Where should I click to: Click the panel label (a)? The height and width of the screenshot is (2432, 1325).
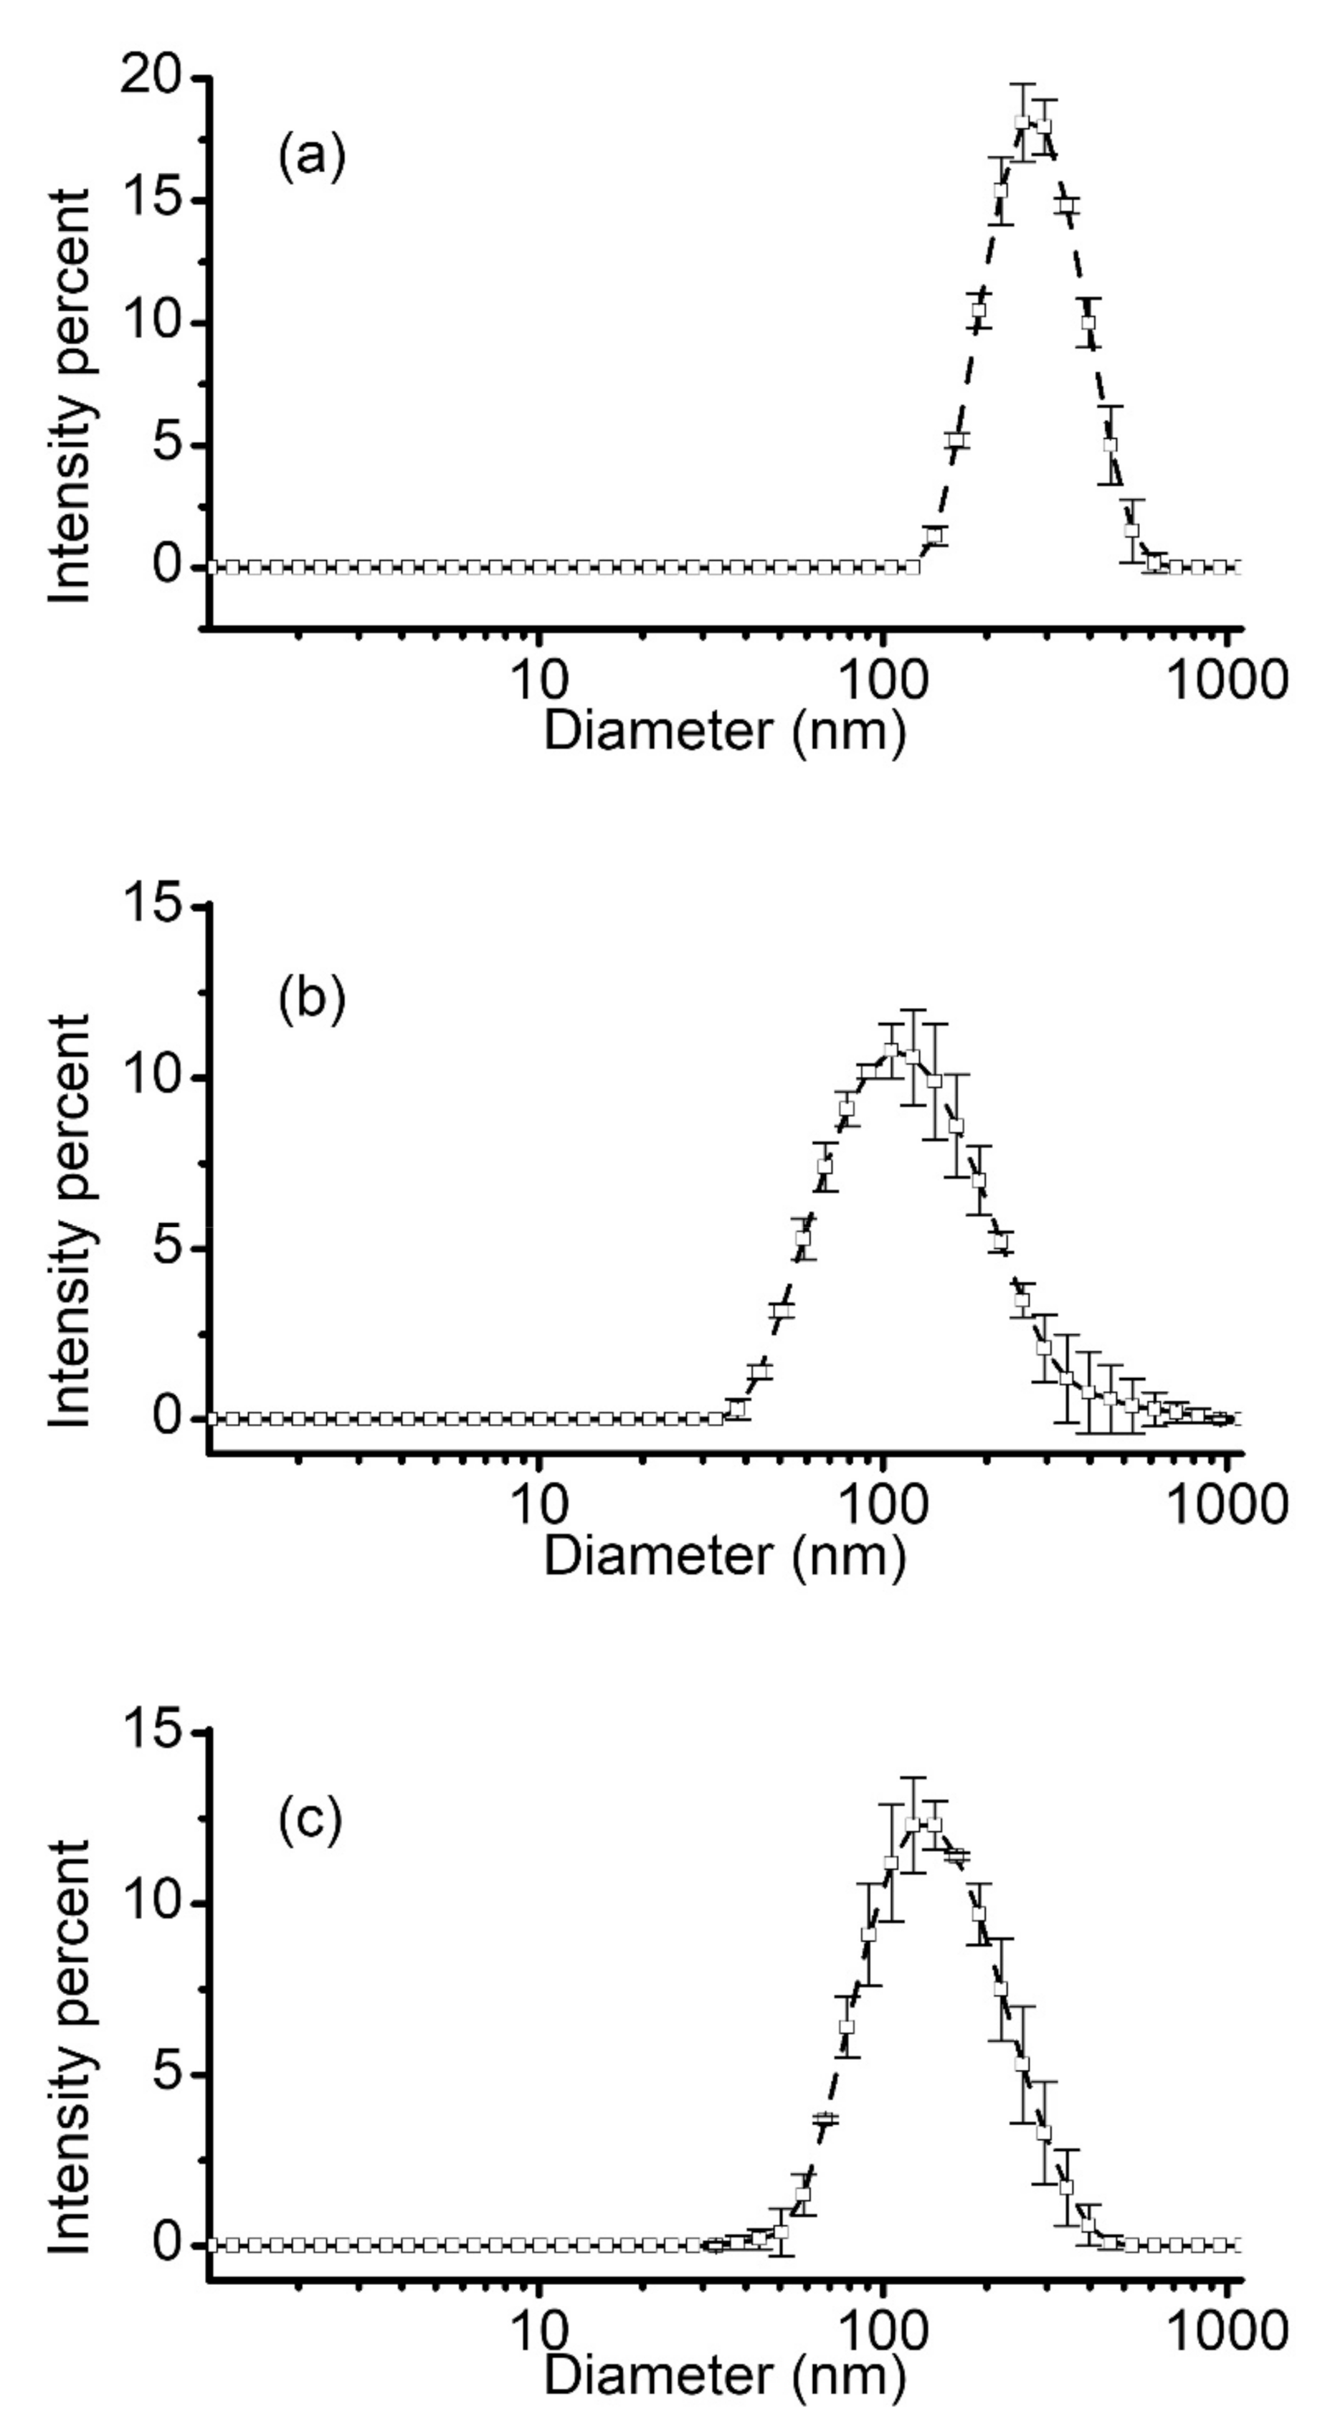(x=312, y=156)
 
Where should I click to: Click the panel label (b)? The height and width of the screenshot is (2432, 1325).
(x=312, y=999)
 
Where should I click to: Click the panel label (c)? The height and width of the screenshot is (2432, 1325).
(x=310, y=1821)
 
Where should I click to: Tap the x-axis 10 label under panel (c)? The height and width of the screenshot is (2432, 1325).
(x=539, y=2325)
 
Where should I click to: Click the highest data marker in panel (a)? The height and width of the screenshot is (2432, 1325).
(x=1022, y=122)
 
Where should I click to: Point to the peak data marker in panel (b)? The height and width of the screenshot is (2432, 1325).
(x=890, y=1050)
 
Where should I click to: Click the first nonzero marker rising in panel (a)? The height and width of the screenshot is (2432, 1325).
(x=934, y=536)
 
